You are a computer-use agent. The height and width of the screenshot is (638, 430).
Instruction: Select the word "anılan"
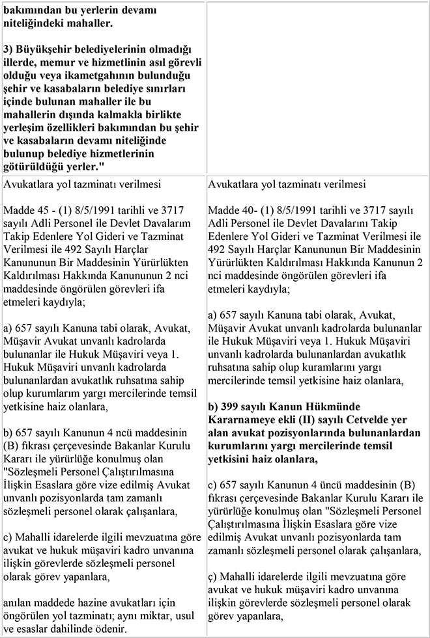(18, 603)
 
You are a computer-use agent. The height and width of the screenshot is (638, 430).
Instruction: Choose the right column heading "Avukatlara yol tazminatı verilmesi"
(287, 184)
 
